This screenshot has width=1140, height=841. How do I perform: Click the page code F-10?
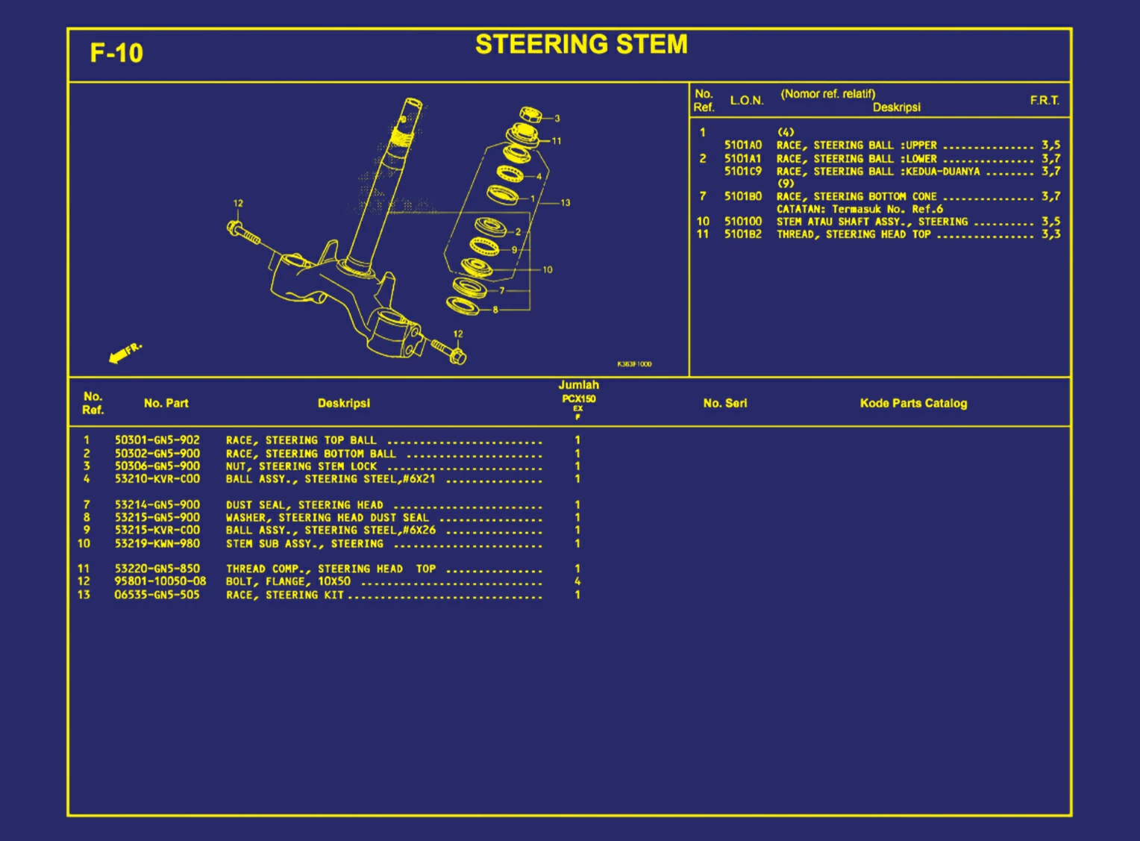[116, 53]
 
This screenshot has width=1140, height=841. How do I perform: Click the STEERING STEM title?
[581, 45]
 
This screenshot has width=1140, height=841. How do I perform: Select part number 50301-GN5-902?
[157, 440]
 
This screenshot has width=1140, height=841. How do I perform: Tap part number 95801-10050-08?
[160, 581]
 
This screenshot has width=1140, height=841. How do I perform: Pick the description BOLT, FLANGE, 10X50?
[288, 581]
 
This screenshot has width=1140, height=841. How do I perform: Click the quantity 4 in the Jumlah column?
[577, 581]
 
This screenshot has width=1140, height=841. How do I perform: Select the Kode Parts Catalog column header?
[913, 403]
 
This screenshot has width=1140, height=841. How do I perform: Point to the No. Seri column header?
[724, 403]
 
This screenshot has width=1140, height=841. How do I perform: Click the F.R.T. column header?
[1045, 100]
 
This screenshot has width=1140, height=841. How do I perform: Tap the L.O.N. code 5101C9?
[743, 171]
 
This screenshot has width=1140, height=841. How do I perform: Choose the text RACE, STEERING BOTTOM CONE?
[856, 196]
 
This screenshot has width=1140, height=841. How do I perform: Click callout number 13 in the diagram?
[566, 202]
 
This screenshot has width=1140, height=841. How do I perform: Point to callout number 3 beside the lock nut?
[557, 118]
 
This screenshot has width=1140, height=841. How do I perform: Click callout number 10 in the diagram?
[548, 269]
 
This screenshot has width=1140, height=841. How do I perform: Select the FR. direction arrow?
[124, 354]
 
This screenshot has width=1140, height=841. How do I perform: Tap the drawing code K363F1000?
[634, 364]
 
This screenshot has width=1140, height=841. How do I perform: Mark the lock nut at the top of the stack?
[530, 115]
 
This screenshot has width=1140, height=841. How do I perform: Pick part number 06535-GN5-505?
[157, 595]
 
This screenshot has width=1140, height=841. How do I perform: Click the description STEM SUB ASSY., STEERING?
[304, 543]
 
